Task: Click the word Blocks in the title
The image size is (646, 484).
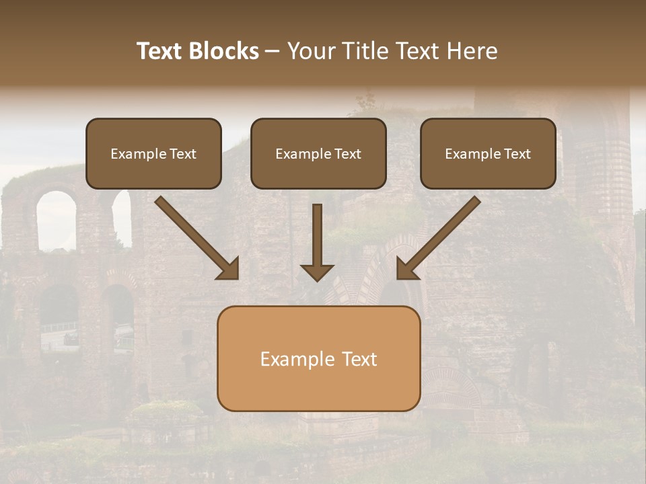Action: [224, 51]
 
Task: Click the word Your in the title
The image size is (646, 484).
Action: [310, 51]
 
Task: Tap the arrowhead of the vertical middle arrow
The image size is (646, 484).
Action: [317, 272]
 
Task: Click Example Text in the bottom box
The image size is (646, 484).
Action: [318, 359]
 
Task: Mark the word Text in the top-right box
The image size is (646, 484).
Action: [517, 154]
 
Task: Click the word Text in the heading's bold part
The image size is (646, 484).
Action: [161, 51]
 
